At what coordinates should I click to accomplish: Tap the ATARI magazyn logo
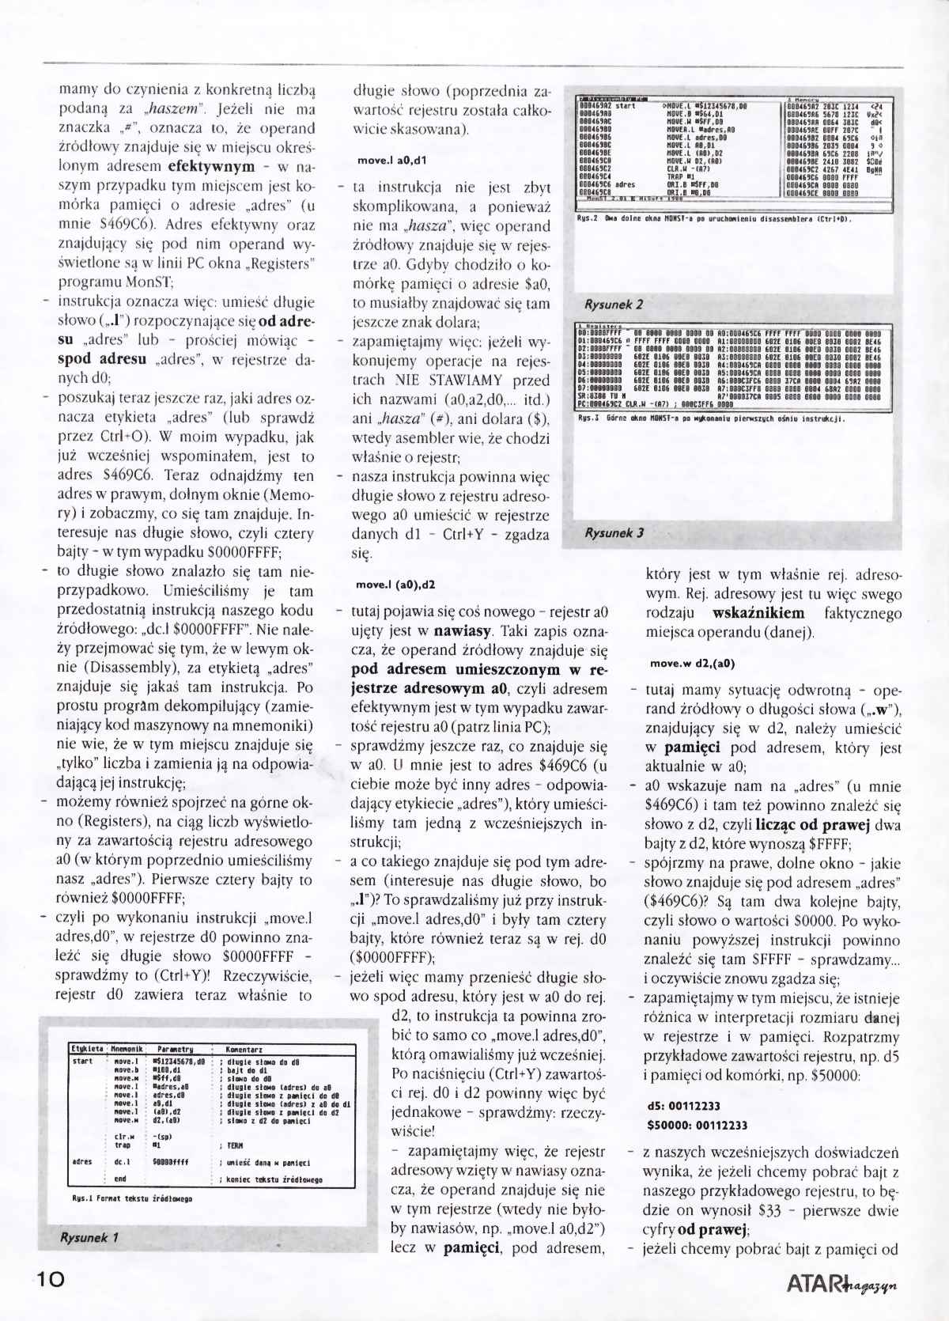[x=843, y=1281]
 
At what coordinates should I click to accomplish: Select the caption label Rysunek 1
[x=89, y=1237]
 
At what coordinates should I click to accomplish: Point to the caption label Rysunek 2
[x=613, y=304]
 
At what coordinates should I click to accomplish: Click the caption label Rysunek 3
[x=613, y=532]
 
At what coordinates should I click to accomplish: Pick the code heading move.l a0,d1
[x=391, y=161]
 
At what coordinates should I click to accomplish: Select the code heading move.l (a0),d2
[x=395, y=585]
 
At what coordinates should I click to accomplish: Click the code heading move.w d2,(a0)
[x=693, y=664]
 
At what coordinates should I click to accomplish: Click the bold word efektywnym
[x=211, y=167]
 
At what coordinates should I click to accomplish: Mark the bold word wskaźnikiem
[x=758, y=613]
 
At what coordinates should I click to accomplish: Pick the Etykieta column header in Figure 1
[x=88, y=1050]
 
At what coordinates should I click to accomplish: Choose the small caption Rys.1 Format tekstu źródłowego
[x=132, y=1199]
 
